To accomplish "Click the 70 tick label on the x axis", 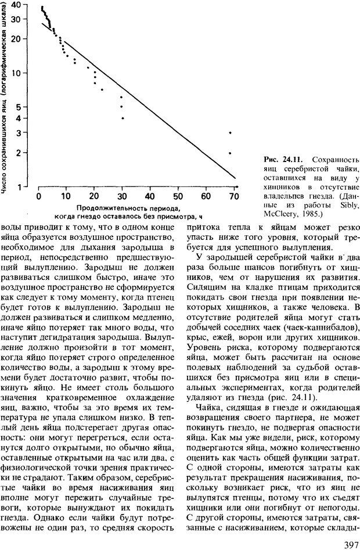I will (x=235, y=197).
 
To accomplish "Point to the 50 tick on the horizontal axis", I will (x=178, y=197).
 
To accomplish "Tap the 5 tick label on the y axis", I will (x=18, y=107).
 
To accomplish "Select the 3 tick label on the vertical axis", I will (x=18, y=133).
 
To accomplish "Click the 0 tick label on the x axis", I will (x=38, y=197).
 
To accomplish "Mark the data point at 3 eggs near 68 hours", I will (x=231, y=133).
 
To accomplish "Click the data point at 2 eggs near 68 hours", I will (x=231, y=153).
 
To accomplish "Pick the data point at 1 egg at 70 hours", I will (x=236, y=187).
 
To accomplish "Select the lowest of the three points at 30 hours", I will (x=123, y=118).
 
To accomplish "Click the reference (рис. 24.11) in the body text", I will (x=296, y=398).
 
